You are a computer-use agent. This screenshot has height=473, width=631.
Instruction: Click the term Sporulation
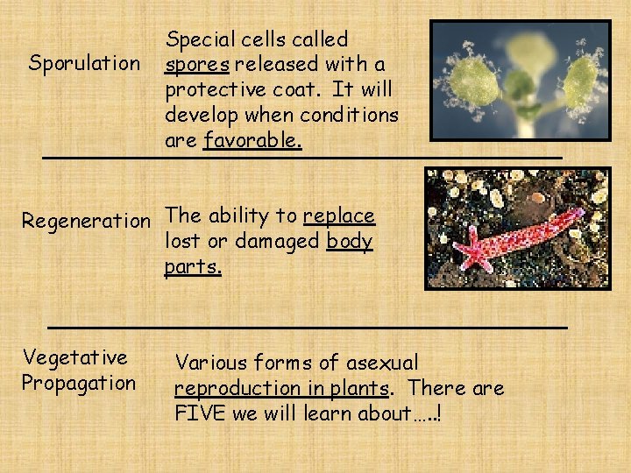[x=84, y=64]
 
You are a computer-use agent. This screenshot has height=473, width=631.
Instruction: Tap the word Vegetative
[x=74, y=357]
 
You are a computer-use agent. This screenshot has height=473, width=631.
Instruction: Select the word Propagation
[x=79, y=384]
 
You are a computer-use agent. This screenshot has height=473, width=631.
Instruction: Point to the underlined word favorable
[x=252, y=141]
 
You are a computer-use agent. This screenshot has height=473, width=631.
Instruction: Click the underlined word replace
[x=339, y=216]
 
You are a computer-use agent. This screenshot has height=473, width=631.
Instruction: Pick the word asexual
[x=382, y=363]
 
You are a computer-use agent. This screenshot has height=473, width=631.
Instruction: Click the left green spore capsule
[x=476, y=83]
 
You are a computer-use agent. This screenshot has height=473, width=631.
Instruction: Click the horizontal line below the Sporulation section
[x=302, y=158]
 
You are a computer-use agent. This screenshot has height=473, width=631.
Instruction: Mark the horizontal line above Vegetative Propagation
[x=307, y=327]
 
